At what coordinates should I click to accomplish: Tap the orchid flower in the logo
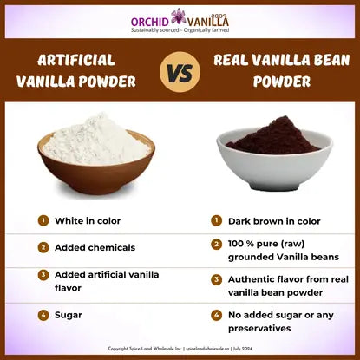[179, 16]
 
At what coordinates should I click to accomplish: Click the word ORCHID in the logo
[150, 19]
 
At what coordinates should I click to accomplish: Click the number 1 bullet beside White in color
[43, 220]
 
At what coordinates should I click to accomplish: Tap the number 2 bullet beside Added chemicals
[43, 247]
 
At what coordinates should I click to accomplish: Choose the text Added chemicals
[95, 247]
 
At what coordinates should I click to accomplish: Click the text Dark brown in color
[274, 221]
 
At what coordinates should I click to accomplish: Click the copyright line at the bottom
[180, 349]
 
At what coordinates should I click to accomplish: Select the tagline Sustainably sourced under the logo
[180, 29]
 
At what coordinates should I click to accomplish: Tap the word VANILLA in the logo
[208, 20]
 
